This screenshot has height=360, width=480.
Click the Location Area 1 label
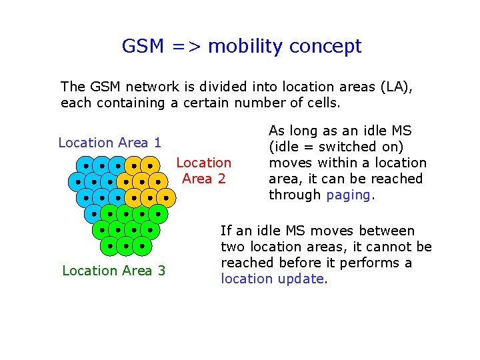[x=110, y=143]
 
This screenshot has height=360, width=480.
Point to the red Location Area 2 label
[x=203, y=171]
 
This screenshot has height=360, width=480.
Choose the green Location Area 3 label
[x=113, y=271]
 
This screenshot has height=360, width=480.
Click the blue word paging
[x=349, y=195]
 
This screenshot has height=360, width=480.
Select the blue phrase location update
[x=271, y=279]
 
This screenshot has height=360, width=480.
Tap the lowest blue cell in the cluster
[x=93, y=214]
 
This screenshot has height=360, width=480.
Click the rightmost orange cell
[x=166, y=198]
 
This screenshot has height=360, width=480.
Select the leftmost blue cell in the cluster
[x=77, y=181]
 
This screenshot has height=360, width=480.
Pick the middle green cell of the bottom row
[x=126, y=246]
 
